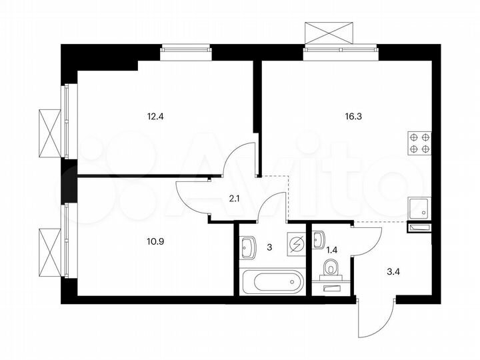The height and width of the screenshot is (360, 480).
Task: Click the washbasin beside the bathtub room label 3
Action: click(x=247, y=248)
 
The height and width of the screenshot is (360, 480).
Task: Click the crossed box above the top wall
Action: click(x=328, y=32)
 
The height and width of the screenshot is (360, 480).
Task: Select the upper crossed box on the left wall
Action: click(x=49, y=130)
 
